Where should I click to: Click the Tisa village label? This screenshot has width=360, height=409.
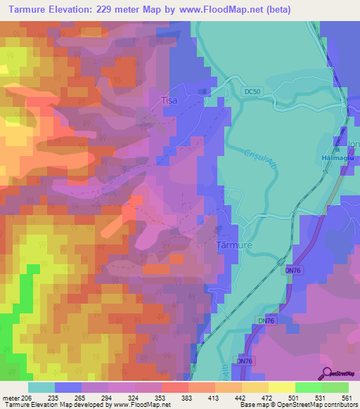(x=169, y=100)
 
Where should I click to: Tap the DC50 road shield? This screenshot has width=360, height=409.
(x=253, y=92)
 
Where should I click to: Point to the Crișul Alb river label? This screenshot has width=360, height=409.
(x=257, y=163)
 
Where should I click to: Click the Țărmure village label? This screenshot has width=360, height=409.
(x=232, y=246)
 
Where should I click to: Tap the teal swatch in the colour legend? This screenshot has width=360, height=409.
(x=41, y=387)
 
